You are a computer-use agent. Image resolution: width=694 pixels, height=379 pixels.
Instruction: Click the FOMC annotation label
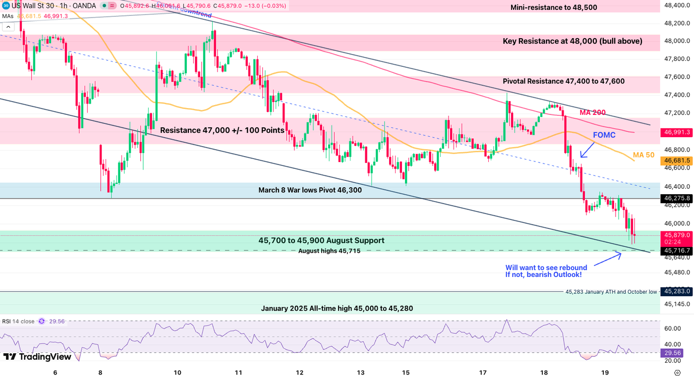pyautogui.click(x=604, y=135)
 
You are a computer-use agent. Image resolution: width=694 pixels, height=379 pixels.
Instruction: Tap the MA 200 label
pyautogui.click(x=592, y=113)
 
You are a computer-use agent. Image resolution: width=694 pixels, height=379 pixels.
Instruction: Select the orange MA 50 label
pyautogui.click(x=643, y=155)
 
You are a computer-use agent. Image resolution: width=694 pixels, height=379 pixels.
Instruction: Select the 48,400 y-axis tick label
pyautogui.click(x=677, y=5)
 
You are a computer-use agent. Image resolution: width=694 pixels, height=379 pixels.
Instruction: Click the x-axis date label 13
pyautogui.click(x=360, y=373)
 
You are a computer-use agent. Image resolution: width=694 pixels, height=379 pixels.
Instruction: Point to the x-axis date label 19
pyautogui.click(x=605, y=373)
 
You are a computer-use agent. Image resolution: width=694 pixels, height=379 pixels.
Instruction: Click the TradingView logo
pyautogui.click(x=37, y=357)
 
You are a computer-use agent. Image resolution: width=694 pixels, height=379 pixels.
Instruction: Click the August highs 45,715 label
pyautogui.click(x=329, y=251)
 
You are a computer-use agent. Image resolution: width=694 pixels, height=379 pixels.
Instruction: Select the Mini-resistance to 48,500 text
pyautogui.click(x=554, y=7)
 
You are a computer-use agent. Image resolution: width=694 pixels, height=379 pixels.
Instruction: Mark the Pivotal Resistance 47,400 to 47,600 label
pyautogui.click(x=564, y=81)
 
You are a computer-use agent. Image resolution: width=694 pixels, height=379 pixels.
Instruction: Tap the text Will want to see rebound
pyautogui.click(x=546, y=268)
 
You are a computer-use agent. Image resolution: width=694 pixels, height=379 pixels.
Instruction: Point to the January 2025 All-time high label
pyautogui.click(x=337, y=309)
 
